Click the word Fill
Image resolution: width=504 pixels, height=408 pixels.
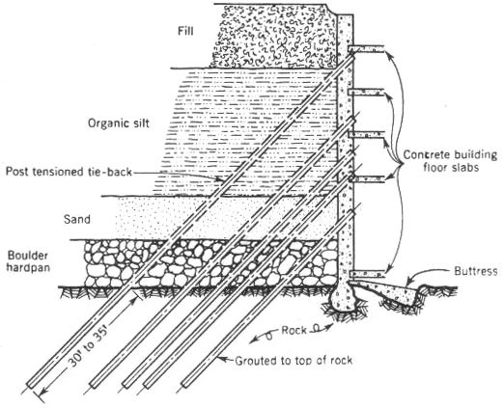(x=185, y=31)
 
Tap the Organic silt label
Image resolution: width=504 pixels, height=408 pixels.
(x=119, y=123)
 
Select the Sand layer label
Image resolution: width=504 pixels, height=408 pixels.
(x=77, y=220)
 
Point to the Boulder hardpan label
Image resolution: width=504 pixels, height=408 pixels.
(x=28, y=261)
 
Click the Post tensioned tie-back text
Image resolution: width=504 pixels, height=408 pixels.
(x=69, y=172)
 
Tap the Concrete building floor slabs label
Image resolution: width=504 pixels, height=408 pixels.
(x=450, y=161)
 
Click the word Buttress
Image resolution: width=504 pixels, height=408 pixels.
(x=476, y=271)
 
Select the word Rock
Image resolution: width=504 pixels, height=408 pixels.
(x=294, y=330)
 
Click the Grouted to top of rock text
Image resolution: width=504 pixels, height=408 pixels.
(x=294, y=361)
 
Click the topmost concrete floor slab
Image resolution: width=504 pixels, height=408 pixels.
(x=366, y=48)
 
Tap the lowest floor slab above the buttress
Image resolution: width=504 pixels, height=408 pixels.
(x=367, y=274)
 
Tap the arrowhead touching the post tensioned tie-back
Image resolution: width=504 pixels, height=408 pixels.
(x=219, y=178)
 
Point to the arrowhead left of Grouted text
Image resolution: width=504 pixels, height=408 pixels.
(x=221, y=359)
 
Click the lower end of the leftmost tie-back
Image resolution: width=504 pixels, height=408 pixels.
(x=31, y=384)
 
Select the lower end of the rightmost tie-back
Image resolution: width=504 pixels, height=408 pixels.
(x=186, y=384)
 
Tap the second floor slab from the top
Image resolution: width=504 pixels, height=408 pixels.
(x=366, y=92)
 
